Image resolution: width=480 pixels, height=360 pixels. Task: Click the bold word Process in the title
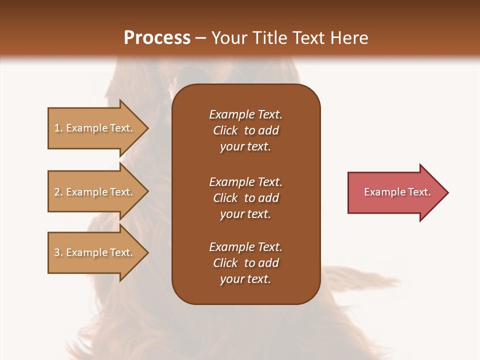pos(157,38)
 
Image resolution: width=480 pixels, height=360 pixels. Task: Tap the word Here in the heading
pos(348,38)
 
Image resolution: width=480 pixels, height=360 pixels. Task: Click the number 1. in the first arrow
pos(58,128)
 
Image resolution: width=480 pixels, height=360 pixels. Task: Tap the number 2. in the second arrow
pos(58,192)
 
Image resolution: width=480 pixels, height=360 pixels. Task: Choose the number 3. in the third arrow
pos(58,252)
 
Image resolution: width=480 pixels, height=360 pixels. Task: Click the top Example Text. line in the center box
pos(245,114)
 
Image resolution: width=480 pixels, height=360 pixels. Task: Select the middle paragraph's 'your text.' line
pos(245,214)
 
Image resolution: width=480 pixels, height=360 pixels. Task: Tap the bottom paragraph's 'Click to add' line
pos(245,263)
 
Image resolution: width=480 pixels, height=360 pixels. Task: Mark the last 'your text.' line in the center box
pos(245,279)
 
